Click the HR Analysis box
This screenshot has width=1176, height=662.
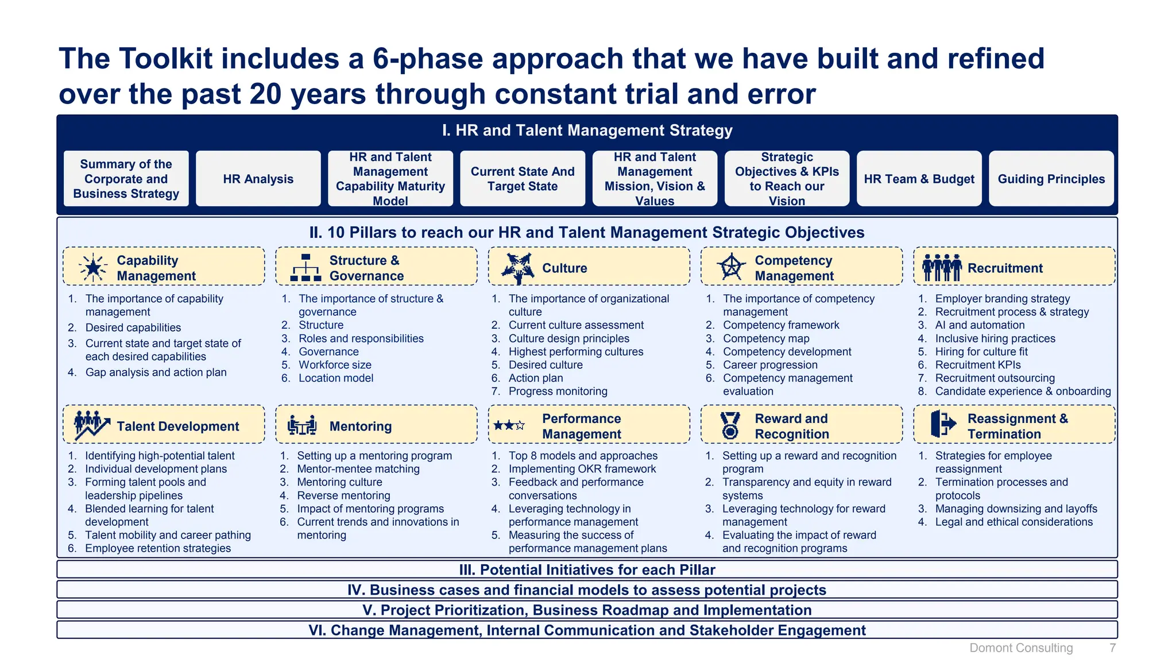tap(258, 179)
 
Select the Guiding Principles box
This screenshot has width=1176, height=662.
tap(1051, 179)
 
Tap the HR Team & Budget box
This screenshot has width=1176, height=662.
tap(919, 179)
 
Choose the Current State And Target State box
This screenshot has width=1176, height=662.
tap(523, 179)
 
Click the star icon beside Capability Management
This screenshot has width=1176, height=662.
tap(92, 268)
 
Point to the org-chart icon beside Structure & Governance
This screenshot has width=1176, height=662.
tap(305, 268)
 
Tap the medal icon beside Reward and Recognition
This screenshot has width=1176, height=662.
tap(730, 426)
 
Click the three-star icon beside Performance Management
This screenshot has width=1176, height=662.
tap(509, 426)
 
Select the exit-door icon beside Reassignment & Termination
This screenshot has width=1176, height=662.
tap(943, 424)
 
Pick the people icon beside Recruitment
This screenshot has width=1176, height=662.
tap(942, 268)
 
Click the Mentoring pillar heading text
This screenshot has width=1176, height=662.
tap(361, 426)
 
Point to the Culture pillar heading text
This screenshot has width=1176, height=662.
tap(564, 268)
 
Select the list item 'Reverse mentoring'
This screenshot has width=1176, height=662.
tap(343, 495)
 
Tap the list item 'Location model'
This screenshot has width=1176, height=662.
tap(336, 378)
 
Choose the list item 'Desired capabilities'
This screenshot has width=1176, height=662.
tap(133, 328)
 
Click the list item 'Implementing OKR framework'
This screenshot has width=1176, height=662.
tap(582, 469)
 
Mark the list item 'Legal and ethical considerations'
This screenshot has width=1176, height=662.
tap(1013, 522)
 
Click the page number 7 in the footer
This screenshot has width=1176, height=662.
tap(1112, 648)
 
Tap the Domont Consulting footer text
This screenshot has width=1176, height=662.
tap(1021, 648)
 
